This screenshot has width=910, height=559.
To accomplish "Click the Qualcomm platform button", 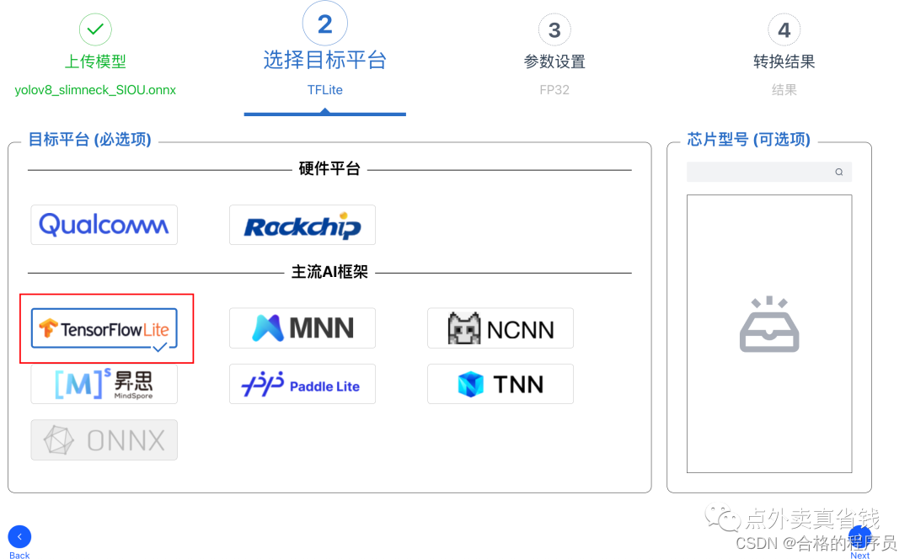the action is pos(104,225).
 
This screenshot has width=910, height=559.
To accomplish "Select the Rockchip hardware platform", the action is pos(302,225).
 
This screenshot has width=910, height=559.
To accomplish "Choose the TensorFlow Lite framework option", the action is pos(104,328).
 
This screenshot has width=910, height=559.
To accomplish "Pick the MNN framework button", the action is pos(302,328).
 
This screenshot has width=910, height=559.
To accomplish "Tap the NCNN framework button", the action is pos(500,328).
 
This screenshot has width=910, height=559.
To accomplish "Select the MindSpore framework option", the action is pos(104,384).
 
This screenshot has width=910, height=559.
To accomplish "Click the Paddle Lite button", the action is pos(302,385).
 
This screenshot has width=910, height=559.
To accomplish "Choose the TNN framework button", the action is pos(500,385).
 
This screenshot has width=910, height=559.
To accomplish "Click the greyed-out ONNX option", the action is pos(104,439).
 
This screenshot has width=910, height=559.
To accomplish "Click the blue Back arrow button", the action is pos(19,537).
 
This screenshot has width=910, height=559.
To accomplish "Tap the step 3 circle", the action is pos(554,30).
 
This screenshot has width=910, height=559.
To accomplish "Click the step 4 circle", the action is pos(784,30).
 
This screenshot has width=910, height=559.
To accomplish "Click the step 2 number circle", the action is pos(324,24).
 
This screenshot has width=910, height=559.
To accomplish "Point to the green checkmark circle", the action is pos(95,29).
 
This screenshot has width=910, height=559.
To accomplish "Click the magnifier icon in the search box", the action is pos(839,172).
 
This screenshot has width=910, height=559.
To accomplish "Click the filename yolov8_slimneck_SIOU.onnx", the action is pos(95,89).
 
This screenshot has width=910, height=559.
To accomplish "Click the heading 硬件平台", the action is pos(329,169).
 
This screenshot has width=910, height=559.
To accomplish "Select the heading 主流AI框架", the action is pos(329,273).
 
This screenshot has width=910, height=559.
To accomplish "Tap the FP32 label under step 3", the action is pos(554,89).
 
